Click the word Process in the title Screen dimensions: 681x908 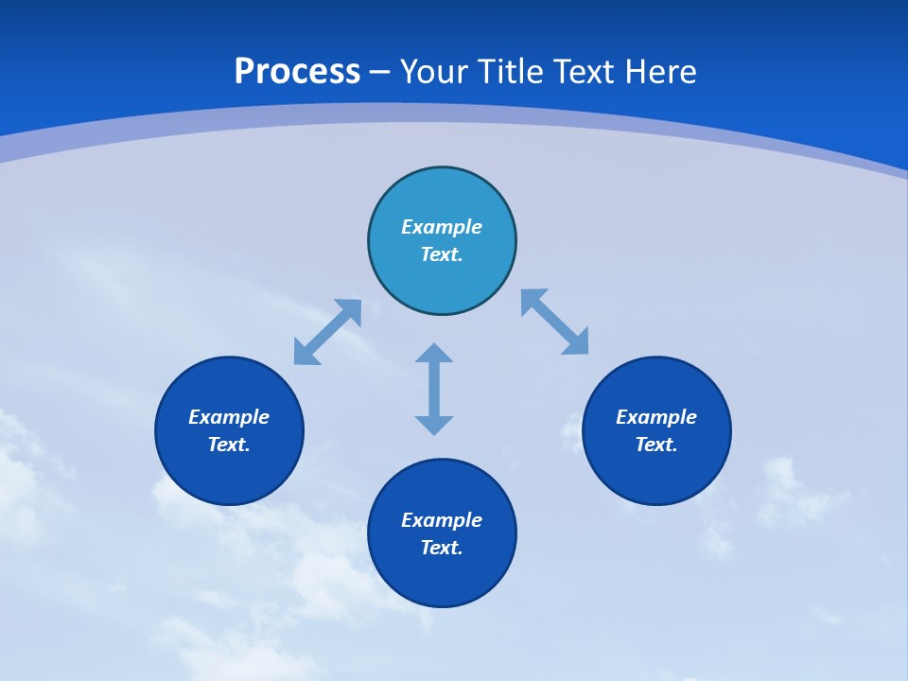(x=297, y=72)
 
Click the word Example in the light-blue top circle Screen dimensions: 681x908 (x=442, y=227)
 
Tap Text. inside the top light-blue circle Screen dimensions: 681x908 (x=442, y=254)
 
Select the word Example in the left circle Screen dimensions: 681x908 (x=229, y=417)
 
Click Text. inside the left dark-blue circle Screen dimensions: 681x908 (x=229, y=445)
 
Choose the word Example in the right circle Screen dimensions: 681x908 (x=656, y=417)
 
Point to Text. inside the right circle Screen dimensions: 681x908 (x=656, y=445)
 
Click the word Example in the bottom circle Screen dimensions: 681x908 (x=442, y=520)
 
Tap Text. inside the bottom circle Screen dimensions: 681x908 (x=442, y=548)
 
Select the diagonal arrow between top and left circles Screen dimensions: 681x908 (x=327, y=332)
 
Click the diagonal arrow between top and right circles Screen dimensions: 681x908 (x=555, y=323)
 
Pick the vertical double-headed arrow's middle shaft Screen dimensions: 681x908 (x=434, y=389)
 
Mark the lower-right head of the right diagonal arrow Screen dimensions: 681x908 (x=577, y=343)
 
